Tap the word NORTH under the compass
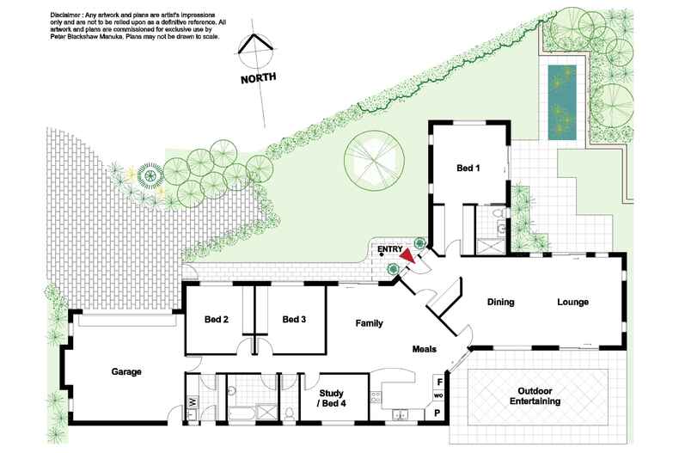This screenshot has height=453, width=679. (259, 77)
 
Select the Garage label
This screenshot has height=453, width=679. (125, 372)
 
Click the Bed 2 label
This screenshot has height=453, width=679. (217, 320)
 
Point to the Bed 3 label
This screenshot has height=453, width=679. (294, 320)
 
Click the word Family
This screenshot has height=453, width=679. (370, 323)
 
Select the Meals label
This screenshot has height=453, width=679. (424, 349)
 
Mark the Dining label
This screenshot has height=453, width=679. (500, 302)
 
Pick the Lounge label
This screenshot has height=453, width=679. (572, 302)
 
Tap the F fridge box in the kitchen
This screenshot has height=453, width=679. (439, 381)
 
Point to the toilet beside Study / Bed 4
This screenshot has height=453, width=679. (291, 413)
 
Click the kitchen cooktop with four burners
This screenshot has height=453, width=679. (375, 398)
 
